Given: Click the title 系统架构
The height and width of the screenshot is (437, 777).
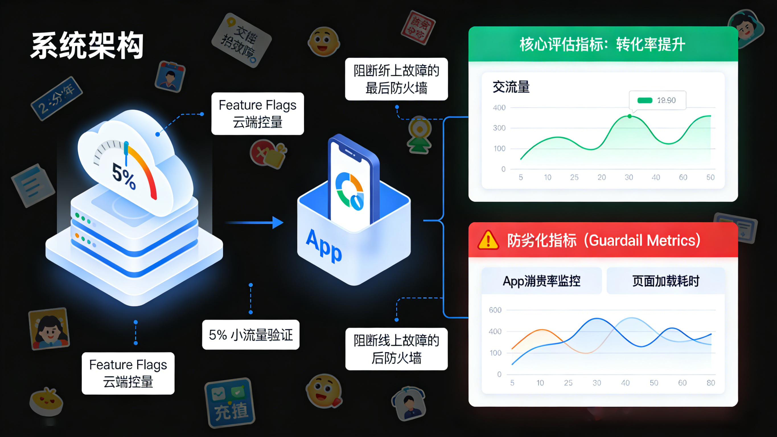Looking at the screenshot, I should (87, 46).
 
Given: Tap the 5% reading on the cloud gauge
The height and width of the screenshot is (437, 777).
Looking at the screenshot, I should (124, 177).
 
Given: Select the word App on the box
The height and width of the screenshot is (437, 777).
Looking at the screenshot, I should (324, 246).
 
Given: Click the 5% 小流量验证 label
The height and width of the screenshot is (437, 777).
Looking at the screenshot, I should (251, 335).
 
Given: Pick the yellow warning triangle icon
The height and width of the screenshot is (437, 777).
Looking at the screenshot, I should (488, 241).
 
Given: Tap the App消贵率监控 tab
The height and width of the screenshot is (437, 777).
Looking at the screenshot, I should (541, 281).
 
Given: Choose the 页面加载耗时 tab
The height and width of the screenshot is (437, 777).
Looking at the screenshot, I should (666, 281).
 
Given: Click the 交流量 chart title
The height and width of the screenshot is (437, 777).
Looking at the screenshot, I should (511, 87).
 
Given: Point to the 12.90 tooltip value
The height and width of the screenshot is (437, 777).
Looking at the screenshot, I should (666, 100).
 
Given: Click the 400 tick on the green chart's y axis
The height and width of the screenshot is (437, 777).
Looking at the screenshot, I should (499, 108).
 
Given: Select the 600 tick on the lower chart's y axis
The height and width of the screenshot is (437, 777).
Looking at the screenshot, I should (495, 310).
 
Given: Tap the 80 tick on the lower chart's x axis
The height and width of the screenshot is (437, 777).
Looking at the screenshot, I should (711, 383).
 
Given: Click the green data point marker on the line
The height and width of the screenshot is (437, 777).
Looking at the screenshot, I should (630, 116).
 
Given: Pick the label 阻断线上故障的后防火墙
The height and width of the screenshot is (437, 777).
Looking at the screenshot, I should (396, 349).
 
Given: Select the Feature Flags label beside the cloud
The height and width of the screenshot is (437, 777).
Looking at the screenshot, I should (258, 114).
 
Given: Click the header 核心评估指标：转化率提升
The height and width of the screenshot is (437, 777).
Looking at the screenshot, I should (603, 44).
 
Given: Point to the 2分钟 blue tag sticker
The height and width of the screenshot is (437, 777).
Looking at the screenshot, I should (57, 99).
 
